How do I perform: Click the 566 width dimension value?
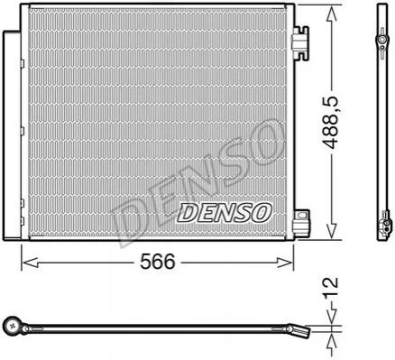click(158, 261)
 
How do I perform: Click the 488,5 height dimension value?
click(332, 123)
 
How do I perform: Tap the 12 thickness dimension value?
click(331, 289)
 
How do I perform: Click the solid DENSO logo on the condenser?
click(225, 213)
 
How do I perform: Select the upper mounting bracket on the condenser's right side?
click(300, 42)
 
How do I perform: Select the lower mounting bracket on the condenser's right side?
click(301, 223)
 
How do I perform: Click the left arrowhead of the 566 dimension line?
click(31, 263)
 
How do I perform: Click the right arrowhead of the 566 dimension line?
click(284, 263)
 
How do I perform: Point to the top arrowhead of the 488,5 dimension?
click(331, 14)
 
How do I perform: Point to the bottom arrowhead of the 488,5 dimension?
click(331, 230)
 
